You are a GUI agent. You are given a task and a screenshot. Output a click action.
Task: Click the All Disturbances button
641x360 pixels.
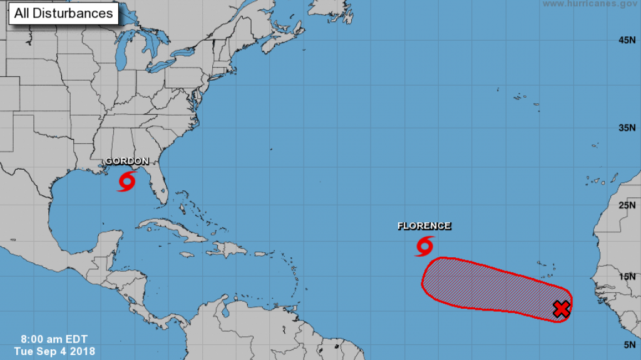point(63,13)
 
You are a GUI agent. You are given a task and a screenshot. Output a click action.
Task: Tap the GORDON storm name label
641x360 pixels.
point(126,161)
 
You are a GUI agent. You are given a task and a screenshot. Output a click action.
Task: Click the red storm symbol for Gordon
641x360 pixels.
point(126,182)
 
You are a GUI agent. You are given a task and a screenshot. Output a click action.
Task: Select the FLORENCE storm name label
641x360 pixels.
point(424,226)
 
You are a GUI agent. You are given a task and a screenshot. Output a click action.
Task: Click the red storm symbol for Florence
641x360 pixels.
point(424,246)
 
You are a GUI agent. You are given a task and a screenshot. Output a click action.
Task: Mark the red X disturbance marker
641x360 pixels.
point(562,309)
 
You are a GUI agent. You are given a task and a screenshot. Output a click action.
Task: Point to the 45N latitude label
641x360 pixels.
point(627,40)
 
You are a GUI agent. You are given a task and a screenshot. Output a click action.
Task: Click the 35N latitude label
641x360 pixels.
point(627,128)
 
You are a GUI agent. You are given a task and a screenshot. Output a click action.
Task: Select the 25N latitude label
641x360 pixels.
point(627,205)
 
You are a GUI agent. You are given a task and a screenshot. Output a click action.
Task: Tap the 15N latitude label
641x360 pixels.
point(627,276)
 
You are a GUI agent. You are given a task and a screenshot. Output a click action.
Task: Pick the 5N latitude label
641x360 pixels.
point(630,344)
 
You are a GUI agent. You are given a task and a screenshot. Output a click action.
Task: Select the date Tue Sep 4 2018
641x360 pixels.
point(55,351)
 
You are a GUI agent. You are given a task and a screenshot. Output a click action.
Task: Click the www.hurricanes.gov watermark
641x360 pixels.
point(590,4)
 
